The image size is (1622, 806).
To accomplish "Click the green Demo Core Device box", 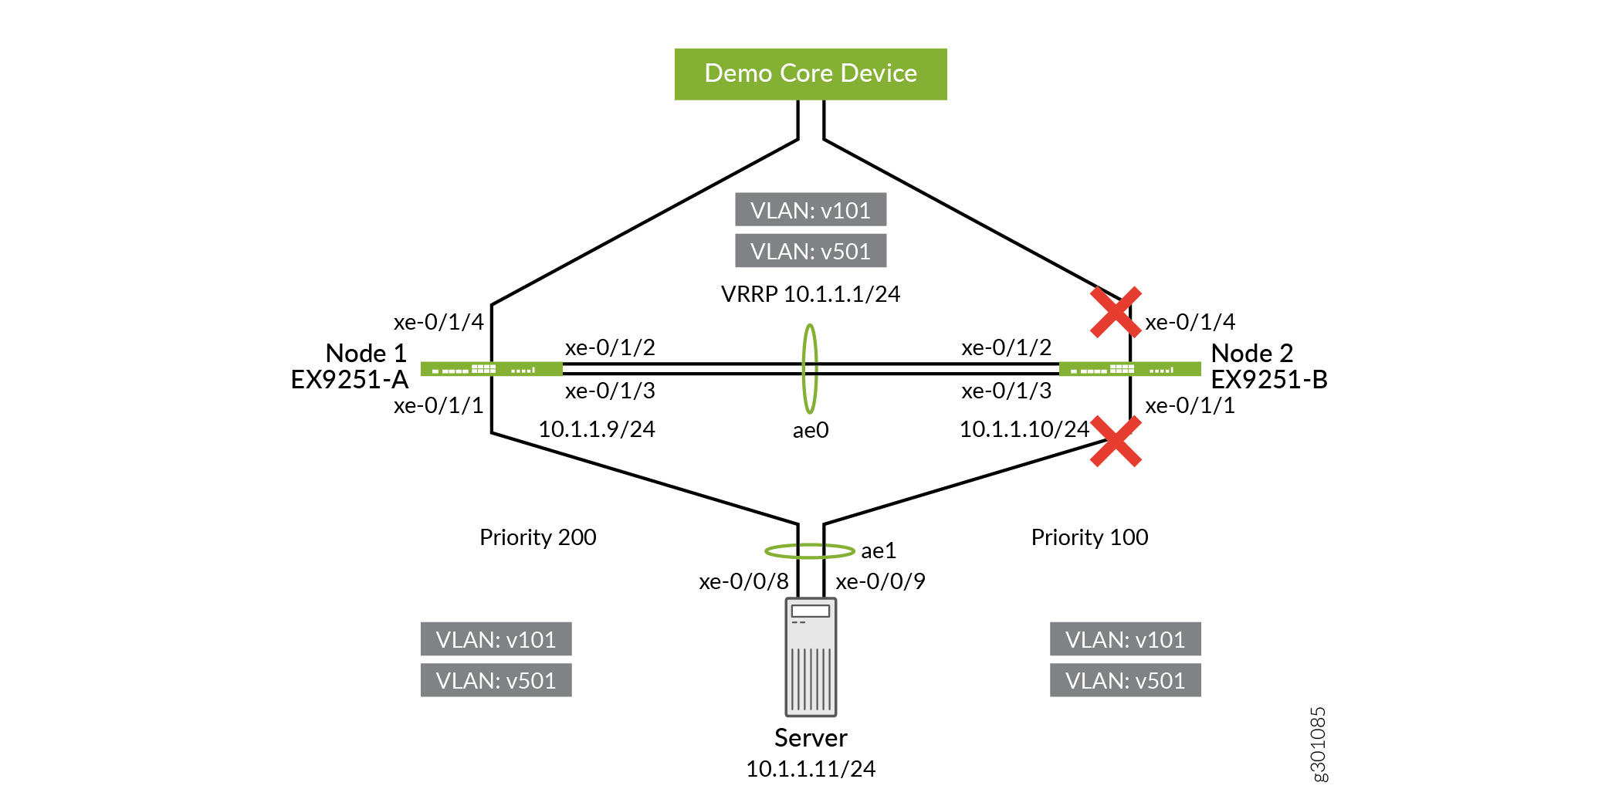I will tap(811, 74).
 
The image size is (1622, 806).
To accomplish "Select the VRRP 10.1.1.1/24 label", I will tap(811, 294).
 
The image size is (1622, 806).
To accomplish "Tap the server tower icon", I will tap(811, 657).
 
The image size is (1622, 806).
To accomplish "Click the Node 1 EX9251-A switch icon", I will tap(492, 369).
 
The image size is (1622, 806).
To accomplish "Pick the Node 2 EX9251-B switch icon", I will tap(1130, 369).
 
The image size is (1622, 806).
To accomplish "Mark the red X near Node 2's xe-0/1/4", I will tap(1116, 312).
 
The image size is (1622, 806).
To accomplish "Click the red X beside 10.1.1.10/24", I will tap(1116, 442).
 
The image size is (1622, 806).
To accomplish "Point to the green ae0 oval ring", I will tap(810, 368).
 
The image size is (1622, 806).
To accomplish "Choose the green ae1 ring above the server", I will tap(810, 550).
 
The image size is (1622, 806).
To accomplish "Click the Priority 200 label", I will tap(538, 537).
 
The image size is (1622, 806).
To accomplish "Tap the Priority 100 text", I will tap(1089, 537).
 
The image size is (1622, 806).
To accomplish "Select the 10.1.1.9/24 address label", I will tap(597, 429).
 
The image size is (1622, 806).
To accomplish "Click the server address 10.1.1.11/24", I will tap(811, 769).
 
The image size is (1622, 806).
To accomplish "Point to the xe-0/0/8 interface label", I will tap(743, 581).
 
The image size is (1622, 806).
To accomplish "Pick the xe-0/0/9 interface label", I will tap(880, 581).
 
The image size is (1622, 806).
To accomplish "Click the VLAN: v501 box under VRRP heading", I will tap(811, 251).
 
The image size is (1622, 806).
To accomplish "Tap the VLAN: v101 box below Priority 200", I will tap(496, 639).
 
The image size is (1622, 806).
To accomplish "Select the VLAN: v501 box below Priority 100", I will tap(1125, 680).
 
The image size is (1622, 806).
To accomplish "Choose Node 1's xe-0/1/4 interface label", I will tap(439, 322).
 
